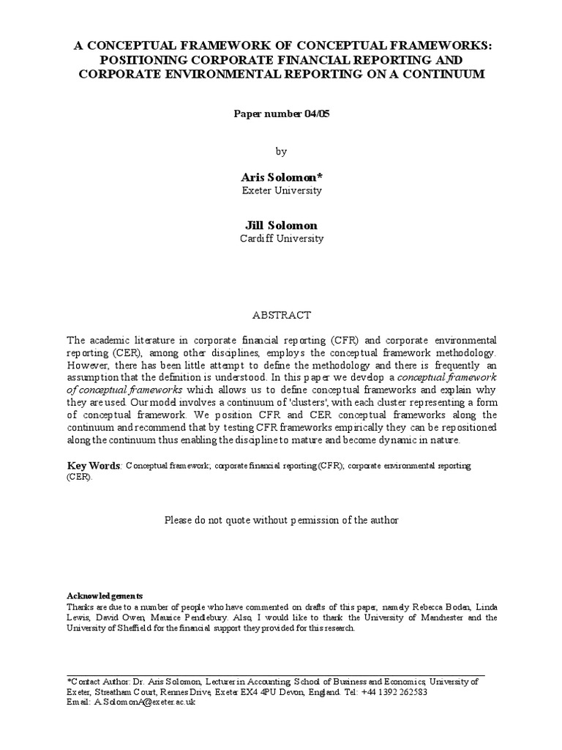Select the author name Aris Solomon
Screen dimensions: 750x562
click(x=281, y=177)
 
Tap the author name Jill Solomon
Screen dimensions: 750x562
click(x=281, y=225)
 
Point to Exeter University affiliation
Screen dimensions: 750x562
click(x=281, y=190)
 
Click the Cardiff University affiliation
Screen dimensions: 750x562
click(x=281, y=238)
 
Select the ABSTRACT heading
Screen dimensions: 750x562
click(x=282, y=315)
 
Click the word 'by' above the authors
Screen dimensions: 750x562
click(x=281, y=152)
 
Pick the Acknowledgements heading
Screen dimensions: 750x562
click(x=105, y=595)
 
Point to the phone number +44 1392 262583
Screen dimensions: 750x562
click(x=394, y=691)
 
